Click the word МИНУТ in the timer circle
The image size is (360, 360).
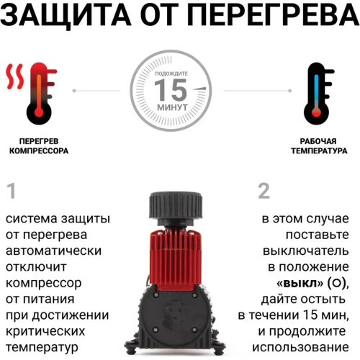172,107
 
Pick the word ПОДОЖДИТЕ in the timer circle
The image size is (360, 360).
172,74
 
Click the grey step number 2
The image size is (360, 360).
264,192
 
